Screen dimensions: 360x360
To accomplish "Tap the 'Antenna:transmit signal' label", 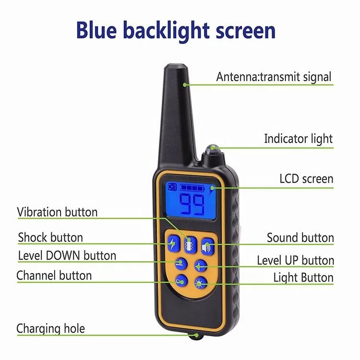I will pyautogui.click(x=274, y=76).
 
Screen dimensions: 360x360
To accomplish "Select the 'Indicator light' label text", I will pyautogui.click(x=298, y=139).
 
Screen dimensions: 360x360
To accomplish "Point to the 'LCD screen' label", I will pyautogui.click(x=306, y=179).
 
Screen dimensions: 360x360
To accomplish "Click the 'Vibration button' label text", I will pyautogui.click(x=57, y=212).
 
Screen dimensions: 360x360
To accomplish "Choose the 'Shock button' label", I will pyautogui.click(x=50, y=237).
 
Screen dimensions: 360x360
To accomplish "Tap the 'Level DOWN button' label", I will pyautogui.click(x=67, y=255).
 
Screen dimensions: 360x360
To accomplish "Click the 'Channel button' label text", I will pyautogui.click(x=54, y=276).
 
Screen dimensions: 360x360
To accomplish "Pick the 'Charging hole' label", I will pyautogui.click(x=50, y=328).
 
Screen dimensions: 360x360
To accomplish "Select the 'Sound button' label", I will pyautogui.click(x=300, y=238).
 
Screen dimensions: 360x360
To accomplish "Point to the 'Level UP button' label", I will pyautogui.click(x=295, y=261).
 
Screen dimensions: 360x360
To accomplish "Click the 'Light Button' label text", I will pyautogui.click(x=303, y=277).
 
